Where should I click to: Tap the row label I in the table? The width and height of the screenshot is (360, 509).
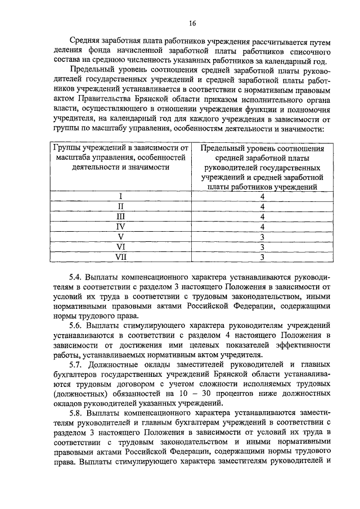[120, 196]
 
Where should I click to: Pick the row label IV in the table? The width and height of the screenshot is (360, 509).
[120, 227]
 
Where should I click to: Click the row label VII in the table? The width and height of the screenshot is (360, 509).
[120, 257]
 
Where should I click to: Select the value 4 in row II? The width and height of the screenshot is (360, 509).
[262, 206]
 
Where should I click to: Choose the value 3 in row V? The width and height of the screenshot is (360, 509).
[262, 237]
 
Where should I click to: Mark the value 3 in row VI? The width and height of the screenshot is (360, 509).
[262, 247]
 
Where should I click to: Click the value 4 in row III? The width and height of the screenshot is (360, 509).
[262, 217]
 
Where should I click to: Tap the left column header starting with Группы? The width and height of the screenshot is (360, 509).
[120, 157]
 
